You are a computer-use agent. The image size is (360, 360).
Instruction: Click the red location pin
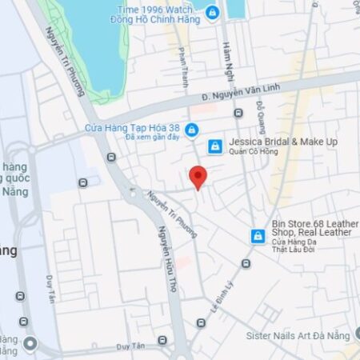point(198,177)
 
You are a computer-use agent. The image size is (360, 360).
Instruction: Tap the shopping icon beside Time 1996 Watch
point(211,13)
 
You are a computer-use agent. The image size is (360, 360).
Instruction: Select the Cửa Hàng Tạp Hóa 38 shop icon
point(191,130)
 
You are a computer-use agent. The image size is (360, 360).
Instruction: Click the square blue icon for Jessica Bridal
point(214,146)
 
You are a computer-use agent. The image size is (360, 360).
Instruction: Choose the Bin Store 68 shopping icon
point(258,236)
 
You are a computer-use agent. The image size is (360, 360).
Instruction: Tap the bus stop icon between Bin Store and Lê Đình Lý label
point(246,262)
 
